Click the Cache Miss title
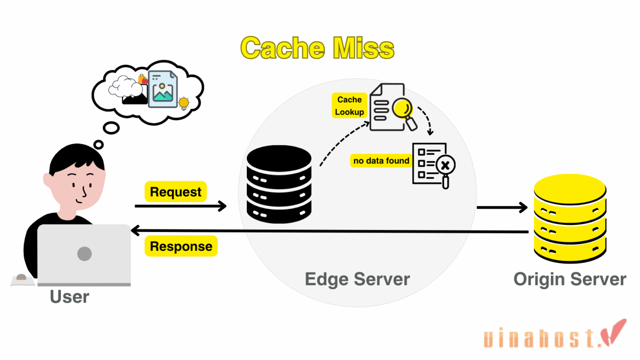(317, 48)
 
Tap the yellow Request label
(176, 192)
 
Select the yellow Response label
(181, 247)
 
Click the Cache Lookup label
(349, 106)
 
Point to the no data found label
(381, 161)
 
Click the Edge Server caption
(357, 279)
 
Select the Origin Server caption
(569, 279)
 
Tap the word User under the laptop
(69, 297)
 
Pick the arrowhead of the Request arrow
(223, 206)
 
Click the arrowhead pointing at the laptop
(134, 232)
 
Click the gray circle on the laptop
(84, 254)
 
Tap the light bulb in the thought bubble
(184, 103)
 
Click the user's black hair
(73, 158)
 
